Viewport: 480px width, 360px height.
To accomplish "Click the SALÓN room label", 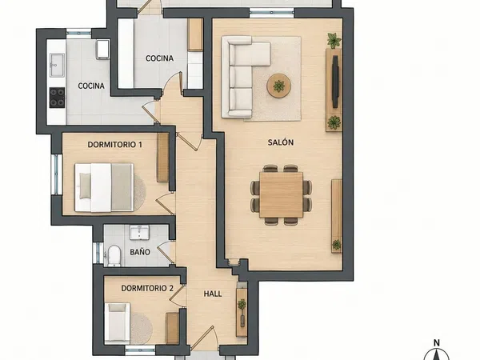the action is [x=281, y=142].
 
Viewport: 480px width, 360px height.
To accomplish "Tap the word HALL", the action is [x=213, y=294].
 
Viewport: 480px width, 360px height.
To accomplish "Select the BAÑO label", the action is [x=140, y=252].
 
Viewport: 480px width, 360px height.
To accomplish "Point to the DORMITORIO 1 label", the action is [x=114, y=145].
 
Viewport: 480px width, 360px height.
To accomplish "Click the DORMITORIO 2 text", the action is [x=147, y=288].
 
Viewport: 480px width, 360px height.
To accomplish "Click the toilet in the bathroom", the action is [x=114, y=254].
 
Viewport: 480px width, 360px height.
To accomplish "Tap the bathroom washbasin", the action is [x=139, y=232].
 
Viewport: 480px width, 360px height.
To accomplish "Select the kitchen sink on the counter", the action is [x=58, y=65].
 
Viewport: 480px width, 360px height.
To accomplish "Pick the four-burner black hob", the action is [x=58, y=98].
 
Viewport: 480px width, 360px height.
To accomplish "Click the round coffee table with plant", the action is [x=279, y=86].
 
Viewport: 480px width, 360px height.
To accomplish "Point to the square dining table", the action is [x=281, y=195].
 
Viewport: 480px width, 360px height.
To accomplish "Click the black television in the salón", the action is [x=335, y=82].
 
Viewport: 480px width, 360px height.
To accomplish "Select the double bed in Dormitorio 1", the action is [x=104, y=187].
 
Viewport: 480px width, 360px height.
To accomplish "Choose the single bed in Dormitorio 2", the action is [x=118, y=323].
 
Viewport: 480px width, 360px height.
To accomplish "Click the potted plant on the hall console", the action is [x=242, y=305].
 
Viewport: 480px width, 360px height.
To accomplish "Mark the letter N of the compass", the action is [x=437, y=342].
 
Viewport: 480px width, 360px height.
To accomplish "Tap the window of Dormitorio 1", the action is [x=56, y=174].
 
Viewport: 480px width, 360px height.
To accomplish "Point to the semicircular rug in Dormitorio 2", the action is [x=142, y=329].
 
